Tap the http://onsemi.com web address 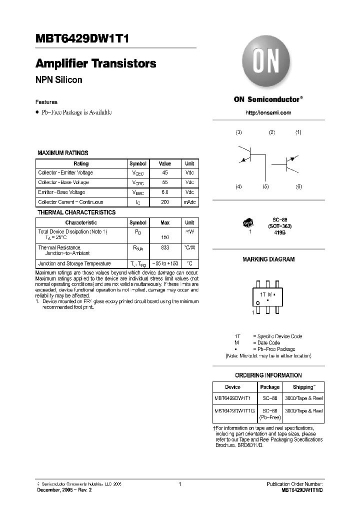click(x=268, y=112)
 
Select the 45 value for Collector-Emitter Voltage click(x=164, y=173)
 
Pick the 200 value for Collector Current click(x=164, y=202)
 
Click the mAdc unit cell click(x=189, y=202)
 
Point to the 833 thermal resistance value click(x=164, y=247)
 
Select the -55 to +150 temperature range click(x=164, y=263)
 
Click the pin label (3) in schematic click(x=238, y=132)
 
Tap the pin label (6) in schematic click(x=298, y=186)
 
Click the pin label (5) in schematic click(x=265, y=186)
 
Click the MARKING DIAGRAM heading click(x=268, y=259)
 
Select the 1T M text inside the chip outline click(x=265, y=295)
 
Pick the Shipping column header click(x=303, y=387)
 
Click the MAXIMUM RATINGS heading click(x=63, y=153)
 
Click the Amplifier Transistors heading click(x=95, y=64)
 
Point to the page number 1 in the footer click(x=179, y=484)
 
